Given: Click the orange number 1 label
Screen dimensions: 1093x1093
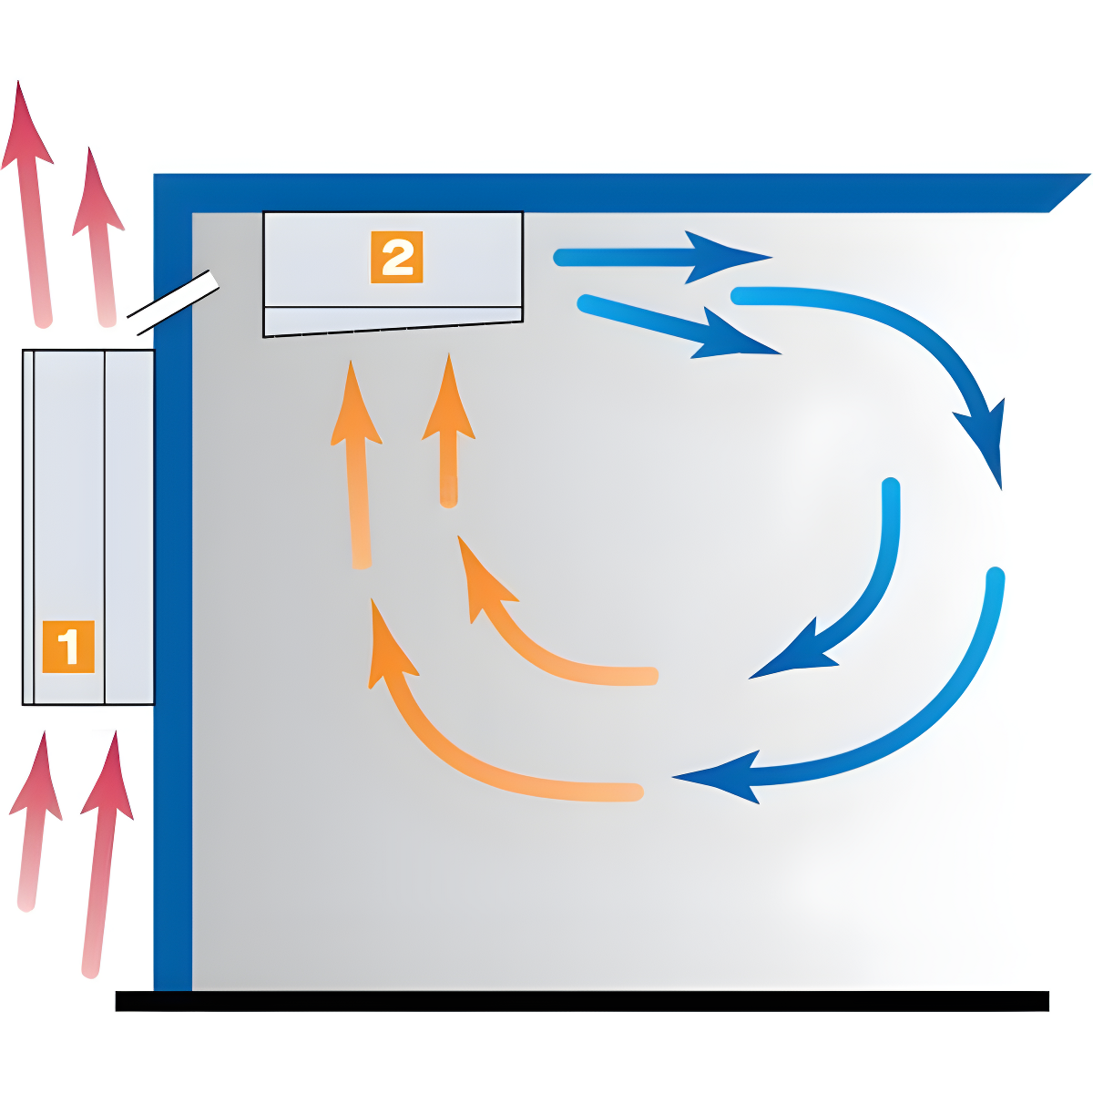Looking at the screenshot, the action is coord(68,647).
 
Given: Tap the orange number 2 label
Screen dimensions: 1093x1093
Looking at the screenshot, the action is coord(396,257).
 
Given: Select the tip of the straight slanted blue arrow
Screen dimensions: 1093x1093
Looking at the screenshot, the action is coord(781,354).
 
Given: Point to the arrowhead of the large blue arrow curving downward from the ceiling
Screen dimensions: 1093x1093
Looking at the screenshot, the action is coord(981,443).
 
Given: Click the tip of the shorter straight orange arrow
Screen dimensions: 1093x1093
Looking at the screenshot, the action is coord(449,353).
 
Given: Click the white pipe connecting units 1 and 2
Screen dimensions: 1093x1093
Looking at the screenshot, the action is coord(173,302).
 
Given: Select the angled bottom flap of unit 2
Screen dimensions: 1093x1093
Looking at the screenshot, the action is coord(393,322).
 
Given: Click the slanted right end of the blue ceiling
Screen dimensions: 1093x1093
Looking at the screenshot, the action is coord(1069,193).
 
